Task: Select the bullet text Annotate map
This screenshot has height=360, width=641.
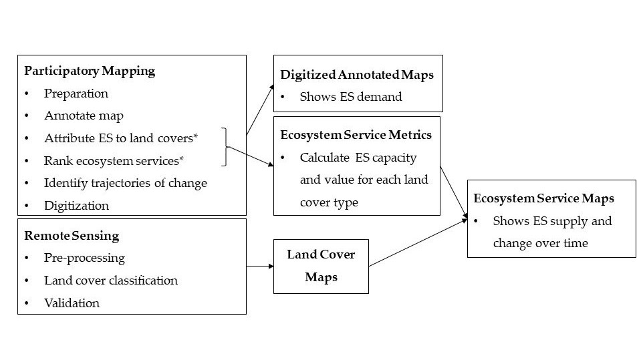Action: [x=84, y=116]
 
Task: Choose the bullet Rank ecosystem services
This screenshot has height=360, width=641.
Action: [x=114, y=161]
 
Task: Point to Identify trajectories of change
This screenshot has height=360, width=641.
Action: [x=125, y=183]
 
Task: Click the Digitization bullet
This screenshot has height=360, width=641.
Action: [x=76, y=206]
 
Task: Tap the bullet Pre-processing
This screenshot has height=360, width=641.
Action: [x=84, y=258]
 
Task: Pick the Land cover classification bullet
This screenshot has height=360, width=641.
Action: [x=111, y=281]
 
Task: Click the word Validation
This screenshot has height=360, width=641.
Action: [x=72, y=303]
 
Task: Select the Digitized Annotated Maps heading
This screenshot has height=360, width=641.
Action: [x=357, y=75]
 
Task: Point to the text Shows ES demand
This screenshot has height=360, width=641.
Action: [x=351, y=97]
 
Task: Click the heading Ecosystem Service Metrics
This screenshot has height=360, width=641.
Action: [x=356, y=135]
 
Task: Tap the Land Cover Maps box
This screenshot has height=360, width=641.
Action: [x=321, y=266]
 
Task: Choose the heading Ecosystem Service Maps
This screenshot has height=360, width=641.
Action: [x=543, y=198]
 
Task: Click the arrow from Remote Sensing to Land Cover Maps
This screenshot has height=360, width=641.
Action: [x=260, y=266]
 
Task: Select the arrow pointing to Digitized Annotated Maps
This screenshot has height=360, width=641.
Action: [x=261, y=110]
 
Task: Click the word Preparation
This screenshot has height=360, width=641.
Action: [x=76, y=94]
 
